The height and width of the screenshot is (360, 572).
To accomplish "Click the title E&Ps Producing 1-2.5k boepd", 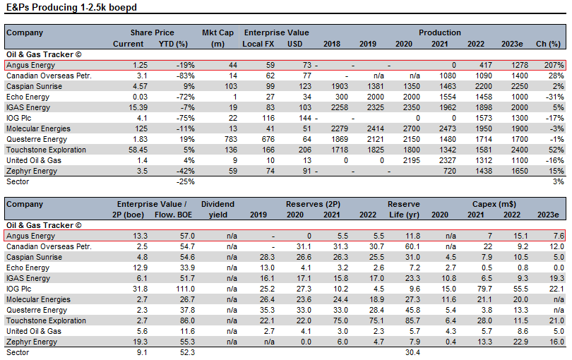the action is coord(71,7).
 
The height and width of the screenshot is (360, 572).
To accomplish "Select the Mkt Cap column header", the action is coord(218,38).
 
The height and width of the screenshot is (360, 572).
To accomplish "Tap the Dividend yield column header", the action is coord(218,210).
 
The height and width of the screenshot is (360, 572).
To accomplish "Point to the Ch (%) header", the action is coord(548,44).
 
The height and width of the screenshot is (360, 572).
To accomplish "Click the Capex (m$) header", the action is coord(494,204).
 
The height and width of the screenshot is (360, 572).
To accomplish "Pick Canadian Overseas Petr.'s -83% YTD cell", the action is coord(185,76).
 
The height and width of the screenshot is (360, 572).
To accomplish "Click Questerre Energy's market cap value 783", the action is coord(231,139).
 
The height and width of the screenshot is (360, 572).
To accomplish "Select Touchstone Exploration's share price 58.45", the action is coord(138,150).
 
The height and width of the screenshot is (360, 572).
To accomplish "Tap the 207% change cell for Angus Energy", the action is coord(554,65).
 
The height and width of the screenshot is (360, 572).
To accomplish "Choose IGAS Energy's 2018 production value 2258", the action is coord(339,107).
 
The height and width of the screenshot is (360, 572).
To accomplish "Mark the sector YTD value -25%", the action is coord(185,181).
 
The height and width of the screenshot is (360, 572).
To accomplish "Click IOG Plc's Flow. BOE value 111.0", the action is coord(185,289).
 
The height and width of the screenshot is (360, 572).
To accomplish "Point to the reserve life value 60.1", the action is coord(412,246).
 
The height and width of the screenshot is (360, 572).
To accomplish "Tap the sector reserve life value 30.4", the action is coord(412,352).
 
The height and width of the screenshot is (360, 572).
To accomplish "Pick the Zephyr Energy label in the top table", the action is coord(32,171).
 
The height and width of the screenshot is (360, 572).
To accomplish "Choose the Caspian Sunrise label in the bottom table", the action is coord(35,257).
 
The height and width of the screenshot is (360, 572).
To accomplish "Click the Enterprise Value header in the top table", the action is coord(277,32).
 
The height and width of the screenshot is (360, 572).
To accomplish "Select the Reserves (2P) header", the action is coord(313,204).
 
